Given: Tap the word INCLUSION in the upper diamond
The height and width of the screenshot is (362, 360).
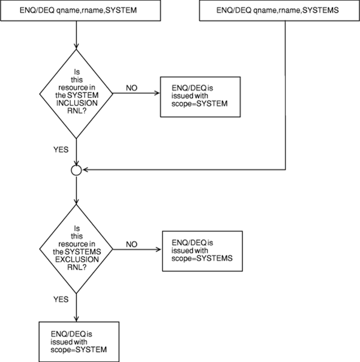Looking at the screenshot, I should pos(77,101).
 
